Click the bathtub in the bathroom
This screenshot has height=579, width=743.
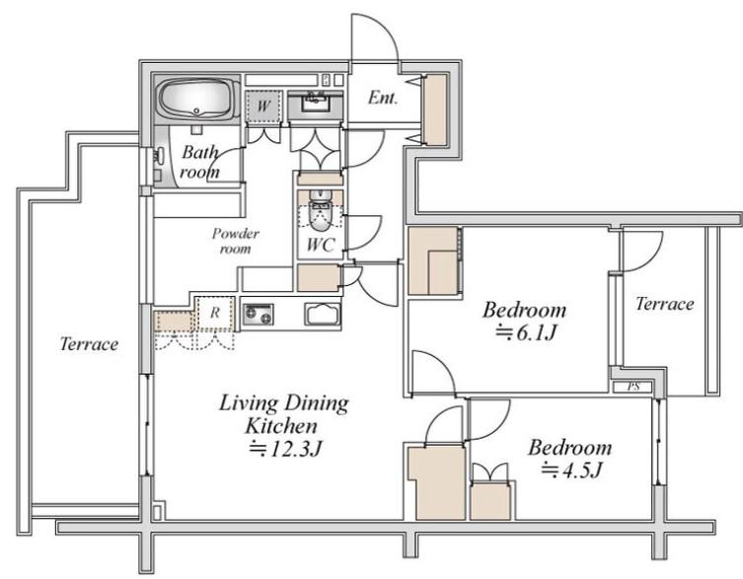coord(198,100)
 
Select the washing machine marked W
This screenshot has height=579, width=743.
coord(263,106)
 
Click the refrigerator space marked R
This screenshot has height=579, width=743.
coord(215,314)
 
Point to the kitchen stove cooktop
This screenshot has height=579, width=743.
coord(259,314)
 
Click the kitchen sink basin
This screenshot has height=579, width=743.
coord(323,314)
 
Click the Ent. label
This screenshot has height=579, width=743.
coord(383,98)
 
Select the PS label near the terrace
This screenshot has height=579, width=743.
coord(633,387)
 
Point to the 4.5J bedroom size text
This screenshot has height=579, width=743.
coord(572,470)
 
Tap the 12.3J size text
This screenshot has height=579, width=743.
coord(286,448)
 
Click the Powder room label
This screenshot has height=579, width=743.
coord(236,241)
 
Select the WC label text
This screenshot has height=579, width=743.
coord(321,245)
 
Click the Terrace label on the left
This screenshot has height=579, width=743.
coord(89,343)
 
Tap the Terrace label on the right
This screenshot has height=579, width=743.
coord(665,303)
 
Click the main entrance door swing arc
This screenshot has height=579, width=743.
coord(385,30)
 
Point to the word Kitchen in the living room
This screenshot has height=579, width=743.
coord(280,425)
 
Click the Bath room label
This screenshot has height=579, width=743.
coord(200,162)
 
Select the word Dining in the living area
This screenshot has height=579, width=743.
coord(316,404)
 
